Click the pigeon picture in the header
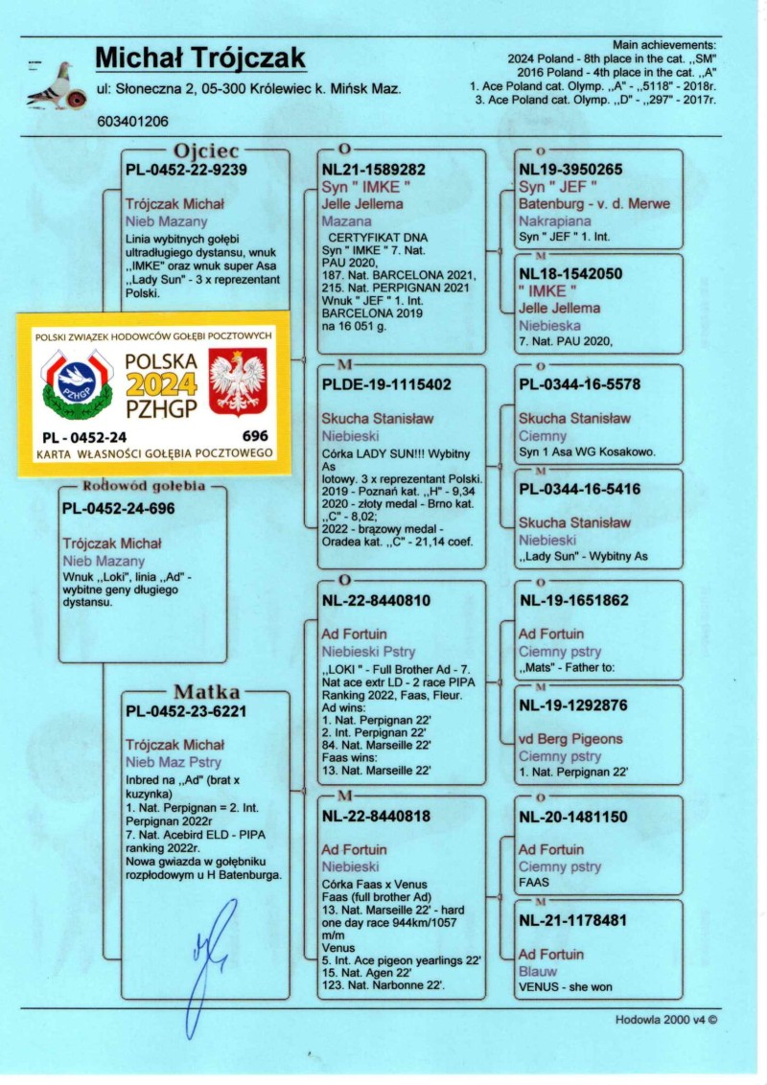(x=53, y=84)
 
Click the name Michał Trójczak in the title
(x=200, y=58)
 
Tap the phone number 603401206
(x=132, y=122)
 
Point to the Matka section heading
(x=206, y=691)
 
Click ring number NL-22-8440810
(x=377, y=601)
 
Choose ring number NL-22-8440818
(x=377, y=817)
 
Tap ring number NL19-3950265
(x=570, y=170)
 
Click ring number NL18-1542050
(x=570, y=273)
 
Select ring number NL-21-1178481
(x=575, y=920)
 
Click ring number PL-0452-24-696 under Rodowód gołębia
(x=119, y=508)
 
